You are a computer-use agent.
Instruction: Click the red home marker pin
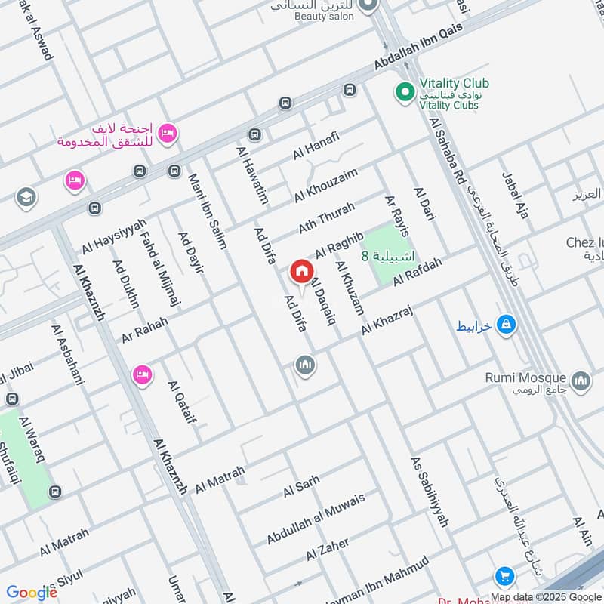click(x=301, y=271)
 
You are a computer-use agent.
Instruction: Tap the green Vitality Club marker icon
click(x=405, y=93)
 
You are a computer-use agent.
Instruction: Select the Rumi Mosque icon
click(x=580, y=382)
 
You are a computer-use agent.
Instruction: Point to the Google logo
click(x=32, y=592)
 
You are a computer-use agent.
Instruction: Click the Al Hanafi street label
click(x=318, y=146)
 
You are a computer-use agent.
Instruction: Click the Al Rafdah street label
click(x=417, y=270)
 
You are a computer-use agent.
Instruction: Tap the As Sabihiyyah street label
click(x=430, y=491)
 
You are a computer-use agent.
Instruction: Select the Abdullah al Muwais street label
click(x=316, y=519)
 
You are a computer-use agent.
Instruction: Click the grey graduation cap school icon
click(x=25, y=198)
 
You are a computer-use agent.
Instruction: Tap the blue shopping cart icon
click(x=504, y=578)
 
